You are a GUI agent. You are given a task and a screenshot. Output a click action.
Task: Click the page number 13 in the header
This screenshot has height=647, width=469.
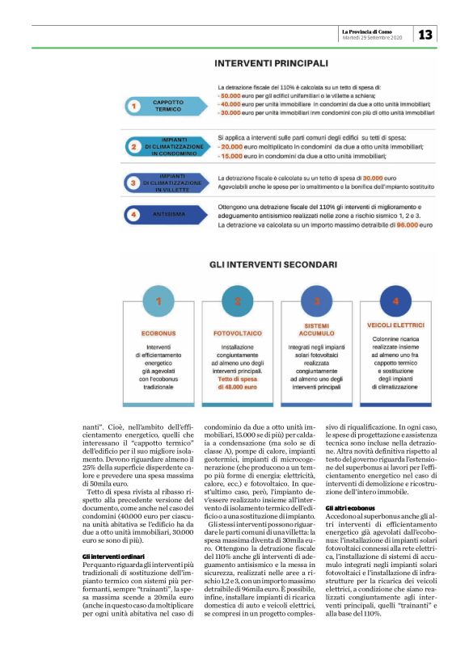[425, 35]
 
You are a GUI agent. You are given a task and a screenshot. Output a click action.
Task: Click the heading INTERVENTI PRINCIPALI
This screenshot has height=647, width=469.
[271, 62]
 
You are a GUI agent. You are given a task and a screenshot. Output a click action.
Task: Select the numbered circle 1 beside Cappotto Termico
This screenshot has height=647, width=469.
[134, 105]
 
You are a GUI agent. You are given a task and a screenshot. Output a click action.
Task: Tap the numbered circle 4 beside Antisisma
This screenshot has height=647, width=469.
[134, 214]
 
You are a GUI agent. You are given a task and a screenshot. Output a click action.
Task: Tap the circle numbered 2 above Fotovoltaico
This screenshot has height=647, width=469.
[237, 302]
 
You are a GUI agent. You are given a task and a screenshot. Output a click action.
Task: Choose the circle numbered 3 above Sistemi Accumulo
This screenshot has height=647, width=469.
[317, 302]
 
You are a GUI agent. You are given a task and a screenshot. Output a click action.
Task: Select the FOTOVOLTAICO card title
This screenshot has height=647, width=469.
[237, 332]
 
